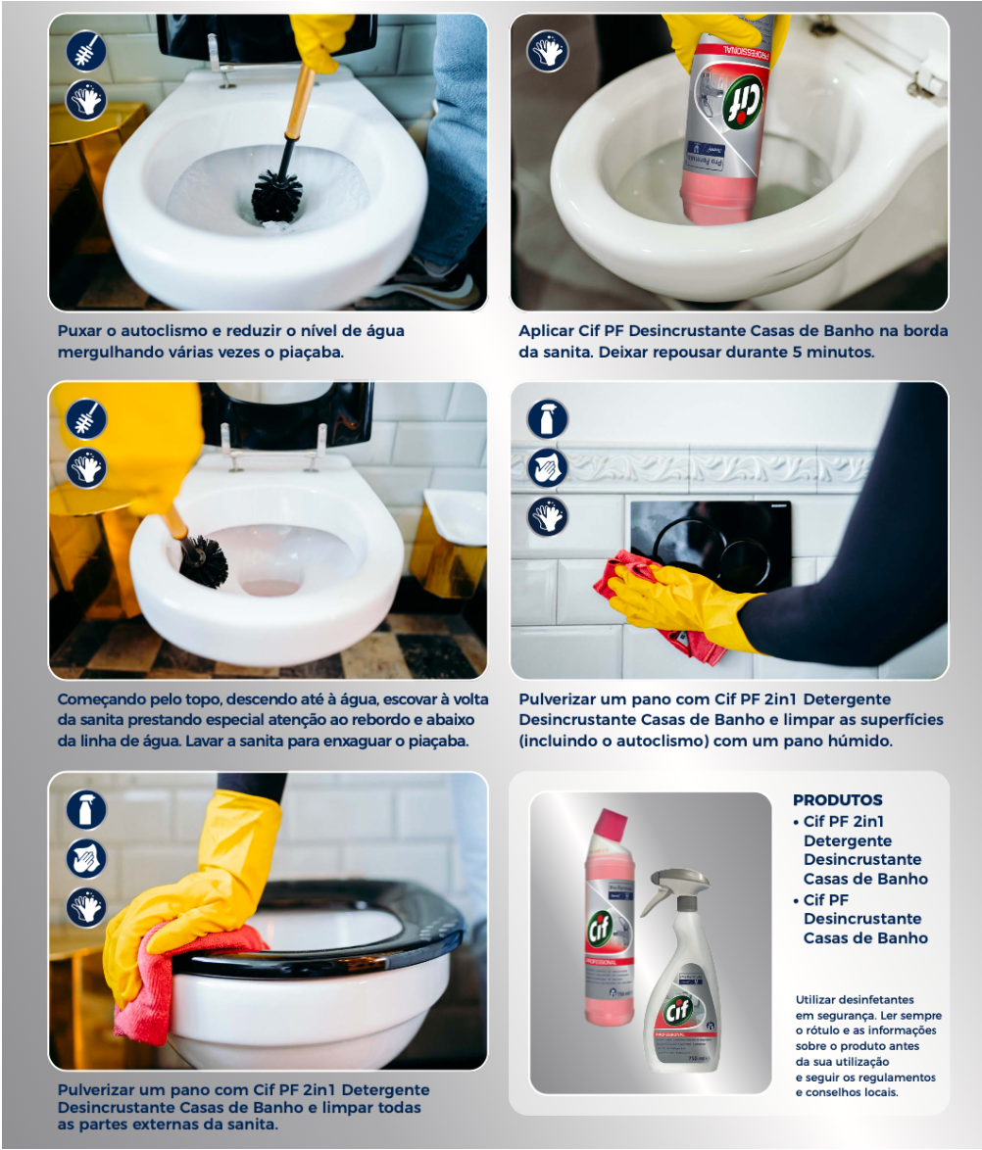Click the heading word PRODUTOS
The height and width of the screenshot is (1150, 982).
837,799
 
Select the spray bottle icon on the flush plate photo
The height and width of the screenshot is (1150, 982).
548,419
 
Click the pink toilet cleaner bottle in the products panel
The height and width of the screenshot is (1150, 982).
609,917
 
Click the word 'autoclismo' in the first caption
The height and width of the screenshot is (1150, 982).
164,331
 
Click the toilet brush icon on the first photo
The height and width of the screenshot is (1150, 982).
86,51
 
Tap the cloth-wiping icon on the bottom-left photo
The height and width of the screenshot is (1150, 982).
86,858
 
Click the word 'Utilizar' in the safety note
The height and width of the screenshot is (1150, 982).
814,1000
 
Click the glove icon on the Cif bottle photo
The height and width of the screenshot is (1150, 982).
548,51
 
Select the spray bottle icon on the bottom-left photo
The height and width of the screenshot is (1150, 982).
86,809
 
